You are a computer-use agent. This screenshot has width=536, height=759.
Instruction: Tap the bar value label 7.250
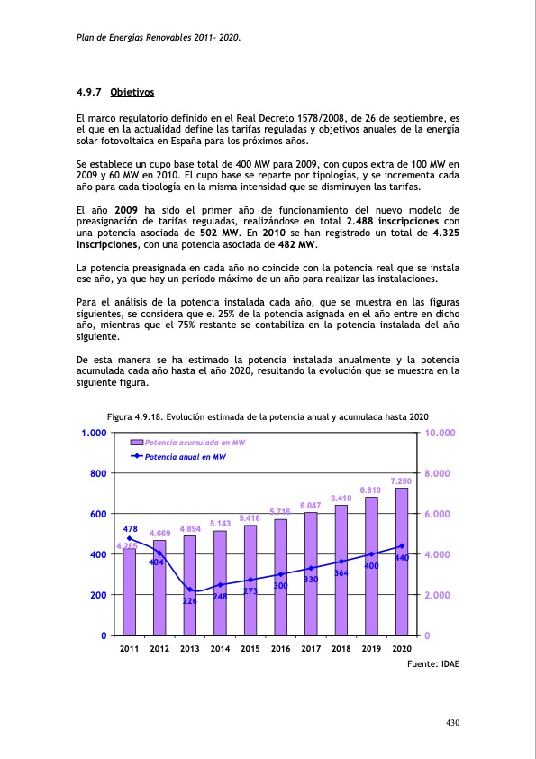click(x=401, y=481)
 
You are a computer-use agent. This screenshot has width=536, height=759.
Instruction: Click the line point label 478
click(x=130, y=529)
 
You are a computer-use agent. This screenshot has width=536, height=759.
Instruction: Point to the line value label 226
click(x=190, y=601)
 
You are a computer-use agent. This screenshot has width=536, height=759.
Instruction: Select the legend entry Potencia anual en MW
click(x=186, y=457)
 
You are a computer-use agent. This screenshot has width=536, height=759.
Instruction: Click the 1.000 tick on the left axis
click(x=94, y=434)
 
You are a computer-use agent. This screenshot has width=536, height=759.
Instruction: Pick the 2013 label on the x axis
click(x=190, y=649)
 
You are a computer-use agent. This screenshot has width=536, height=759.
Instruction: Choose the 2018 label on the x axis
click(x=341, y=649)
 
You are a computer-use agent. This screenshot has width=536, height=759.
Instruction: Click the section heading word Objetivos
click(x=132, y=93)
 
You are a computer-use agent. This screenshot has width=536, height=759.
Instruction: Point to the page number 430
click(x=452, y=723)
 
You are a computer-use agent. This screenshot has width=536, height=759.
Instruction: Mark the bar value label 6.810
click(x=371, y=490)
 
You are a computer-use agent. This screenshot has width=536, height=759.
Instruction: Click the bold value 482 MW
click(x=297, y=243)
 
